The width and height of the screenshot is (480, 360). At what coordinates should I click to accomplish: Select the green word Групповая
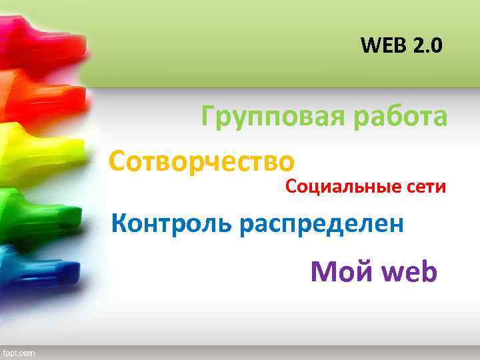coord(272,118)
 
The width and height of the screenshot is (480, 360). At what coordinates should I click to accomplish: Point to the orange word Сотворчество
coord(201,161)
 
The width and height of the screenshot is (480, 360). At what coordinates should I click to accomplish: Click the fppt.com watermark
coord(19,352)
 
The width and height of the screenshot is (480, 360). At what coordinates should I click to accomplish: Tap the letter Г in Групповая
coord(209,118)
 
